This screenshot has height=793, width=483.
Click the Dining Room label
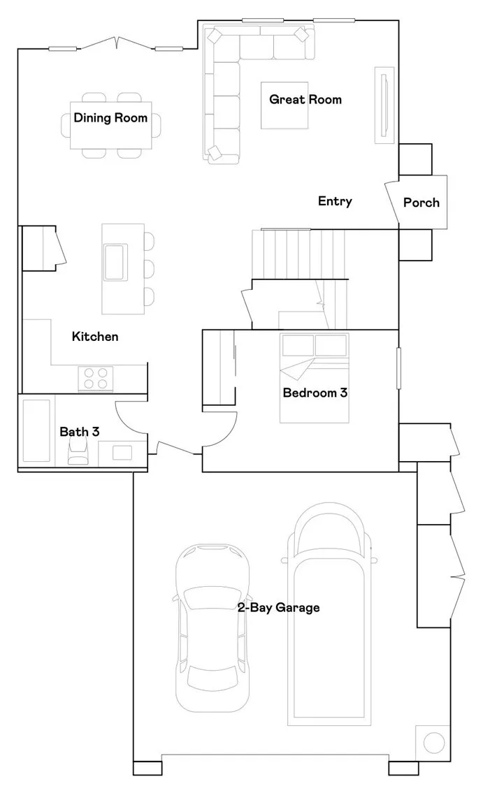[110, 118]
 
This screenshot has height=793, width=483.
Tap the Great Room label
[305, 100]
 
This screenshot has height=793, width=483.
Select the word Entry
[335, 201]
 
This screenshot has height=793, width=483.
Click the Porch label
[421, 203]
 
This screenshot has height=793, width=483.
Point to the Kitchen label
[95, 337]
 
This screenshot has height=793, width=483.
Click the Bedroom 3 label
[315, 393]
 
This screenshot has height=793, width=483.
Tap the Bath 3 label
[79, 432]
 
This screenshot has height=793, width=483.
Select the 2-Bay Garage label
[278, 608]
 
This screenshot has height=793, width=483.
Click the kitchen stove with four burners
[96, 377]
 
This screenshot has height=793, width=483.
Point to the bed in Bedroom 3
[314, 378]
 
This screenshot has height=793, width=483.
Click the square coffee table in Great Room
[284, 106]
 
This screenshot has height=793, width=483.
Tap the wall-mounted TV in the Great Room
[384, 106]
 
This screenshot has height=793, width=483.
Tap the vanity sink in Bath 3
[122, 452]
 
